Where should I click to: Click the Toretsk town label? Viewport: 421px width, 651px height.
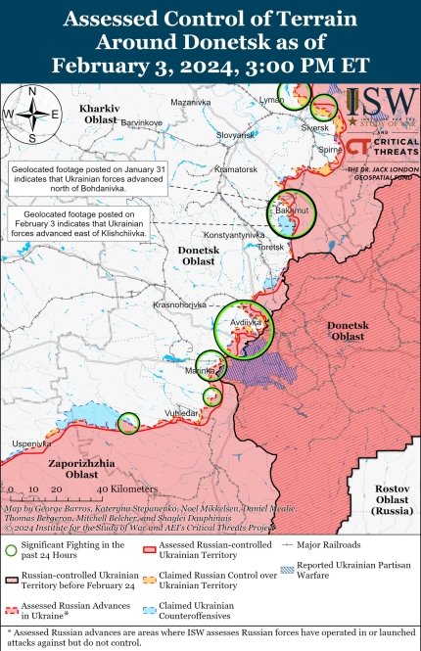(x=270, y=248)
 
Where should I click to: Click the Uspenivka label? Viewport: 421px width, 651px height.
(x=30, y=444)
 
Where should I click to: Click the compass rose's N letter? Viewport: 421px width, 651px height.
(x=31, y=92)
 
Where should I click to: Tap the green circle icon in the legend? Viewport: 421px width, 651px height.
(x=11, y=549)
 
